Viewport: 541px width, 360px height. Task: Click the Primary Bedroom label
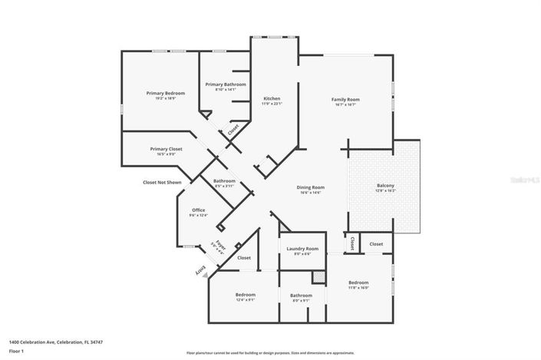166,93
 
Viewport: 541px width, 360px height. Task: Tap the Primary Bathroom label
226,84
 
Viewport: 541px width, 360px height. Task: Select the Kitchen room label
272,98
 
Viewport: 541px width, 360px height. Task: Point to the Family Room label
345,99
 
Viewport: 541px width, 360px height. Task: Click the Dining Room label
311,187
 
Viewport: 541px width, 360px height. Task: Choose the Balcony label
385,185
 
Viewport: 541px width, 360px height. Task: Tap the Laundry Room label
302,249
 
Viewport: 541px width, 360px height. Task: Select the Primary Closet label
166,149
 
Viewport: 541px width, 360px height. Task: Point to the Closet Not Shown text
162,182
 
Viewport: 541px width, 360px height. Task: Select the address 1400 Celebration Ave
55,342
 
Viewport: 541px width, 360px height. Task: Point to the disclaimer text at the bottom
270,348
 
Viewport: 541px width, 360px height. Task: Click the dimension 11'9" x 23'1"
272,104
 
